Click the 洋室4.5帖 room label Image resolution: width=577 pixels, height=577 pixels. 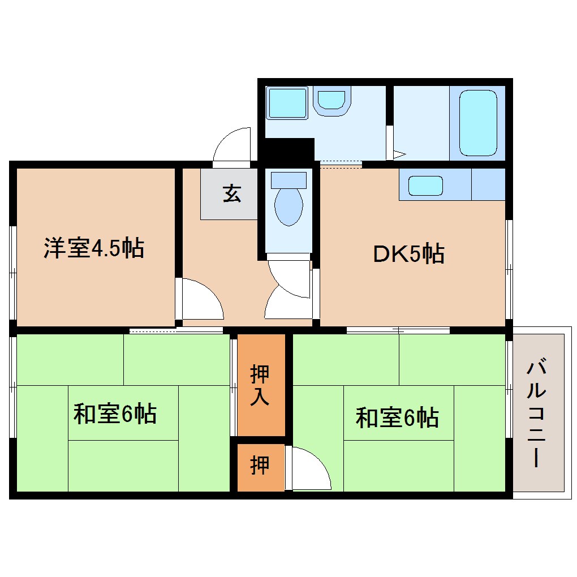[94, 248]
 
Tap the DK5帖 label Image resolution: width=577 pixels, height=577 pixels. [408, 254]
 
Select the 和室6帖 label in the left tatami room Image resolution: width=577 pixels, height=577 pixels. [115, 414]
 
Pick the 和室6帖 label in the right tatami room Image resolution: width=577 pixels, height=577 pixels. [397, 418]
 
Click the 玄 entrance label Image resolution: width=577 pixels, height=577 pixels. [231, 193]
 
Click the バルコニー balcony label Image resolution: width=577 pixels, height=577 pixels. [537, 414]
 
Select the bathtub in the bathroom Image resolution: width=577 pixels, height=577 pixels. [478, 123]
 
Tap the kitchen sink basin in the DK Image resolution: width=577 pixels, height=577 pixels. [425, 186]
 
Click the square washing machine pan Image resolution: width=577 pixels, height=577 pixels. [287, 102]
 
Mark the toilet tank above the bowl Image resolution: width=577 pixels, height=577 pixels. [288, 180]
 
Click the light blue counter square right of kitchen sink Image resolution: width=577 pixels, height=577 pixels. [488, 184]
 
